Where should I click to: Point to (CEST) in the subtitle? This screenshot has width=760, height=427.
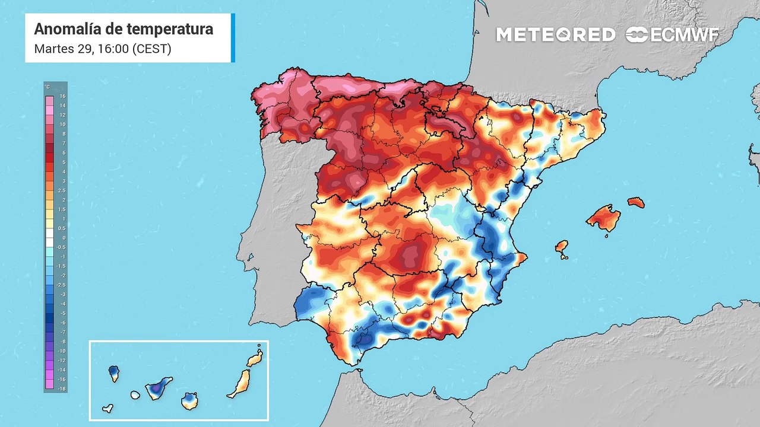tap(151, 49)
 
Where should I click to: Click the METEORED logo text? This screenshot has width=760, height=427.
tap(556, 34)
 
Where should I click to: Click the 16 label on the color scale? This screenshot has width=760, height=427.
tap(62, 96)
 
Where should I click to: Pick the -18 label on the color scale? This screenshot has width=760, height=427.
tap(62, 388)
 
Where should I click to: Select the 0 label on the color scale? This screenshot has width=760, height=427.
tap(64, 238)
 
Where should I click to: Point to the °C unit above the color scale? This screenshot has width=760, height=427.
tap(48, 87)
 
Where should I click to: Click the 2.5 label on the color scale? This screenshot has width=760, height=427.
tap(62, 190)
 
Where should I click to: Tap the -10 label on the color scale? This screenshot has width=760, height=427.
tap(62, 350)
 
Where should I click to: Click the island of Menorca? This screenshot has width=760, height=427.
tap(635, 202)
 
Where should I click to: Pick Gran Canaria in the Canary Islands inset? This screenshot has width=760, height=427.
tap(189, 401)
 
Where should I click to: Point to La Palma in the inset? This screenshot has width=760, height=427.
tap(114, 373)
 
